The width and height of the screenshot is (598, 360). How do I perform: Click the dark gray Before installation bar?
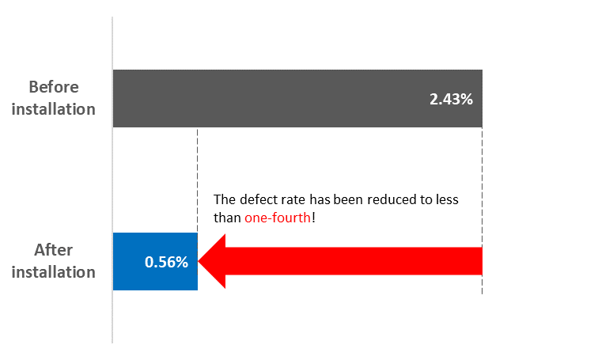point(297,98)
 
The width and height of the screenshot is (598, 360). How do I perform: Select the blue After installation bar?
point(155,262)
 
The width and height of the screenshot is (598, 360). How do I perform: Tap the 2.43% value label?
point(451,99)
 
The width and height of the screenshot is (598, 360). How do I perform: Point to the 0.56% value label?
point(166,262)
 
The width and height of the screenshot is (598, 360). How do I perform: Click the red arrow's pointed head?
point(212,261)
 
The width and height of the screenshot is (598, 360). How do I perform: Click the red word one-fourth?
point(278,218)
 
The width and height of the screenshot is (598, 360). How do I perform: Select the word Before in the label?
point(54,87)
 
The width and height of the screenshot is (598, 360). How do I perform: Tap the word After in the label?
point(54,250)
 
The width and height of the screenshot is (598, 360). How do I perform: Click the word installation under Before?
point(54,109)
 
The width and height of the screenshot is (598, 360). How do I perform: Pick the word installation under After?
point(54,272)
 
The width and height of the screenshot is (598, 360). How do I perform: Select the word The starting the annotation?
point(225,199)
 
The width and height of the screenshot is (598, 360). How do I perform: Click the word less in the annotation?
point(447,199)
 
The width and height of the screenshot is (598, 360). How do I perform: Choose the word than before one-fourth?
point(227,218)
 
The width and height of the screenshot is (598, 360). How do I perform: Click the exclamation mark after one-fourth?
point(313,218)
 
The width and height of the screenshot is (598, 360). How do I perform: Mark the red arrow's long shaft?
point(354,261)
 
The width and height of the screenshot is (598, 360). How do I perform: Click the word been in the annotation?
point(349,199)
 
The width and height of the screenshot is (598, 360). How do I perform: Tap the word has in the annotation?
point(320,199)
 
